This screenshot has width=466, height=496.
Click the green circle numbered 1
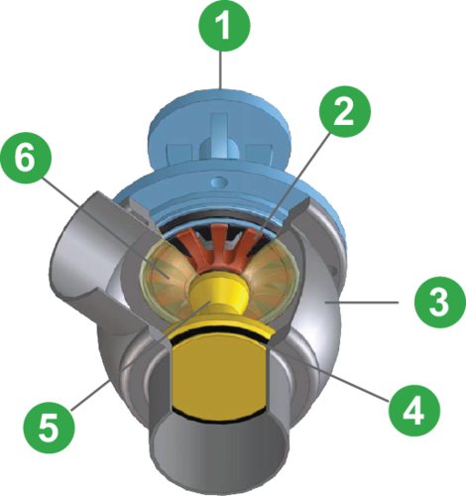224,26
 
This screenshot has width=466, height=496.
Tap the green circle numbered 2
345,111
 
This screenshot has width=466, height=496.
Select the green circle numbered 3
440,302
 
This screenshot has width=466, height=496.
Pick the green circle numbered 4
414,411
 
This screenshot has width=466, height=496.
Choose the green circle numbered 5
50,428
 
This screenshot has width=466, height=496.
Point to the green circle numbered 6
26,158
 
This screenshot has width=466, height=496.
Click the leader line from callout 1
221,69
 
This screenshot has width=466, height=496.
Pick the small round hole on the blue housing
218,182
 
